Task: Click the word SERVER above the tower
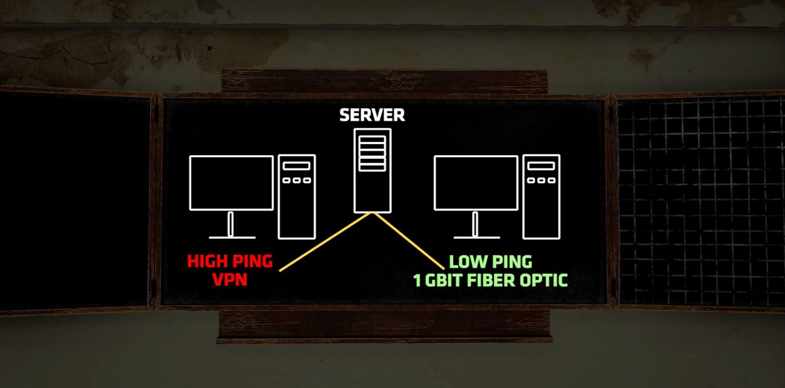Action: pyautogui.click(x=372, y=115)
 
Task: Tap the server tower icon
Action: pyautogui.click(x=372, y=170)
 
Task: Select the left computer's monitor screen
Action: pyautogui.click(x=231, y=183)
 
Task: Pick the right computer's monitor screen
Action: pyautogui.click(x=476, y=183)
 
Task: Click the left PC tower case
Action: pyautogui.click(x=297, y=197)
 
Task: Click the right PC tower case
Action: pyautogui.click(x=541, y=197)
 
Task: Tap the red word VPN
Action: pyautogui.click(x=230, y=280)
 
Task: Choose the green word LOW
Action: pyautogui.click(x=467, y=262)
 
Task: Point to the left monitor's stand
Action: pyautogui.click(x=230, y=224)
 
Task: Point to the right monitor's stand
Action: pyautogui.click(x=475, y=224)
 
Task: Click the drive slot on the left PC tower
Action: pyautogui.click(x=296, y=166)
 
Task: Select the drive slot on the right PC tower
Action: pyautogui.click(x=541, y=166)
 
